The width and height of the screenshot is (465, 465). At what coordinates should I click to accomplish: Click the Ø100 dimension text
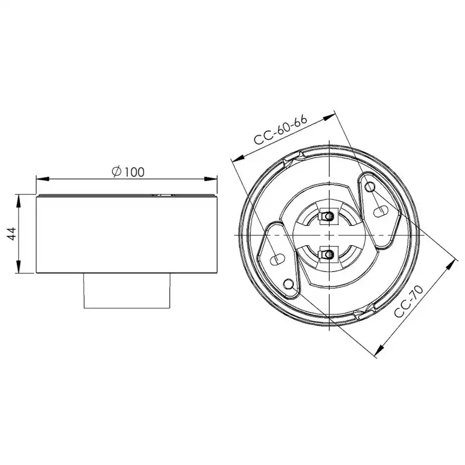[127, 172]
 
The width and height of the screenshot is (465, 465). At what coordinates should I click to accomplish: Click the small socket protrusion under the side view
[127, 291]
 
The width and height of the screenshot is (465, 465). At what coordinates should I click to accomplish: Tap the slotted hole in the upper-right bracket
[381, 212]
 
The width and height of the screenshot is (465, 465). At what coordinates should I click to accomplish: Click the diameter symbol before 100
[116, 172]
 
